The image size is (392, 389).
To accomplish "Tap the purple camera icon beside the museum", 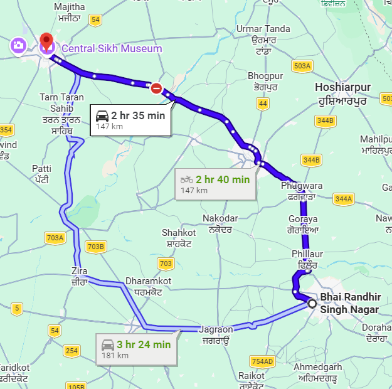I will point(18,46).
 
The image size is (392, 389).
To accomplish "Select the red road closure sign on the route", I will point(156,88).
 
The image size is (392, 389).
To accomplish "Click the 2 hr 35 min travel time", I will point(138,115).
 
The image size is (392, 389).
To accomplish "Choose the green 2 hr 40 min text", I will point(223,179).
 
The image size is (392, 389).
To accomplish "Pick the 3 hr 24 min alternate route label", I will point(144,344).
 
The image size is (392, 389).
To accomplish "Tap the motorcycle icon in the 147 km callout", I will point(187,179).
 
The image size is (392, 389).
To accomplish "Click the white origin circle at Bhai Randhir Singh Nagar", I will point(312,304).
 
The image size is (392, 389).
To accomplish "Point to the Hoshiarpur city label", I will point(343,87).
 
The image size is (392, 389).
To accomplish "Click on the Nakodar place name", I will point(220,218).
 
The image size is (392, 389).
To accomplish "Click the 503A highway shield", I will point(302,66).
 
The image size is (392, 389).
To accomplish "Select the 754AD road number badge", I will point(262,361).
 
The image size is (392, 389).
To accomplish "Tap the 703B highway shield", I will point(95,247).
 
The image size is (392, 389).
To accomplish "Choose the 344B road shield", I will point(325,120).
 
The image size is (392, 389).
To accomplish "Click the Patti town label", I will point(41,169).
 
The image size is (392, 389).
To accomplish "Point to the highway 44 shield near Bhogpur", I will point(263,103).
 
